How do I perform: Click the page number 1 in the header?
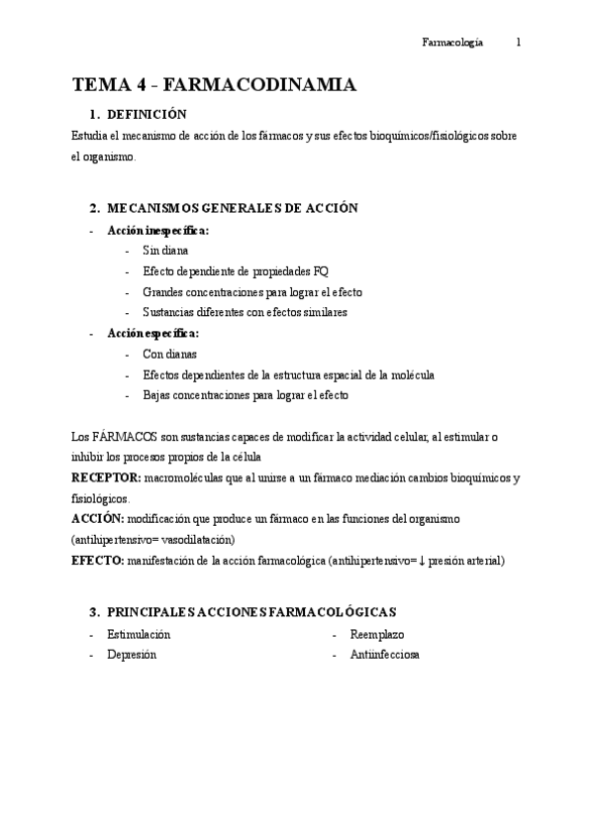pos(519,43)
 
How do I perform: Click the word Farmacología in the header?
pos(452,43)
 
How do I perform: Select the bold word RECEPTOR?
pos(106,477)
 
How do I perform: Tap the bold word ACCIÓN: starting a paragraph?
pos(98,519)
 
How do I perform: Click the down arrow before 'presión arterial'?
pos(423,561)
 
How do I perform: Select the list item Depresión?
pos(132,655)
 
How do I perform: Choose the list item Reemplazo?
pos(377,634)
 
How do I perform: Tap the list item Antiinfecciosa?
pos(384,655)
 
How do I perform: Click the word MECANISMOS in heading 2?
pos(148,208)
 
